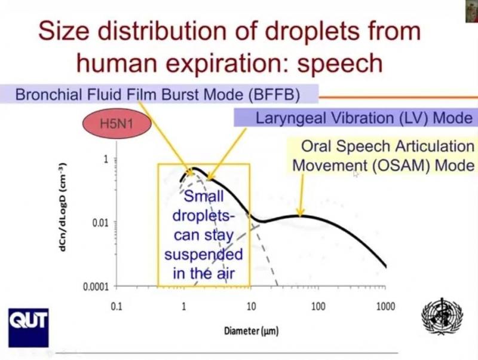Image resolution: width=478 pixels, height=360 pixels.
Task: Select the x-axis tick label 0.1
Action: pyautogui.click(x=117, y=307)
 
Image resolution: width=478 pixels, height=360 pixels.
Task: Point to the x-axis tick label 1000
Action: pyautogui.click(x=385, y=307)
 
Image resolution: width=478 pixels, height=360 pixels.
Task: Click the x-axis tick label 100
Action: pyautogui.click(x=318, y=307)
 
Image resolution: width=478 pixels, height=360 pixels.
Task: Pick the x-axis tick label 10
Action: pyautogui.click(x=251, y=307)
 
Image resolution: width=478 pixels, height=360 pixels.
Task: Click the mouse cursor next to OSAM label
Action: pyautogui.click(x=356, y=173)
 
